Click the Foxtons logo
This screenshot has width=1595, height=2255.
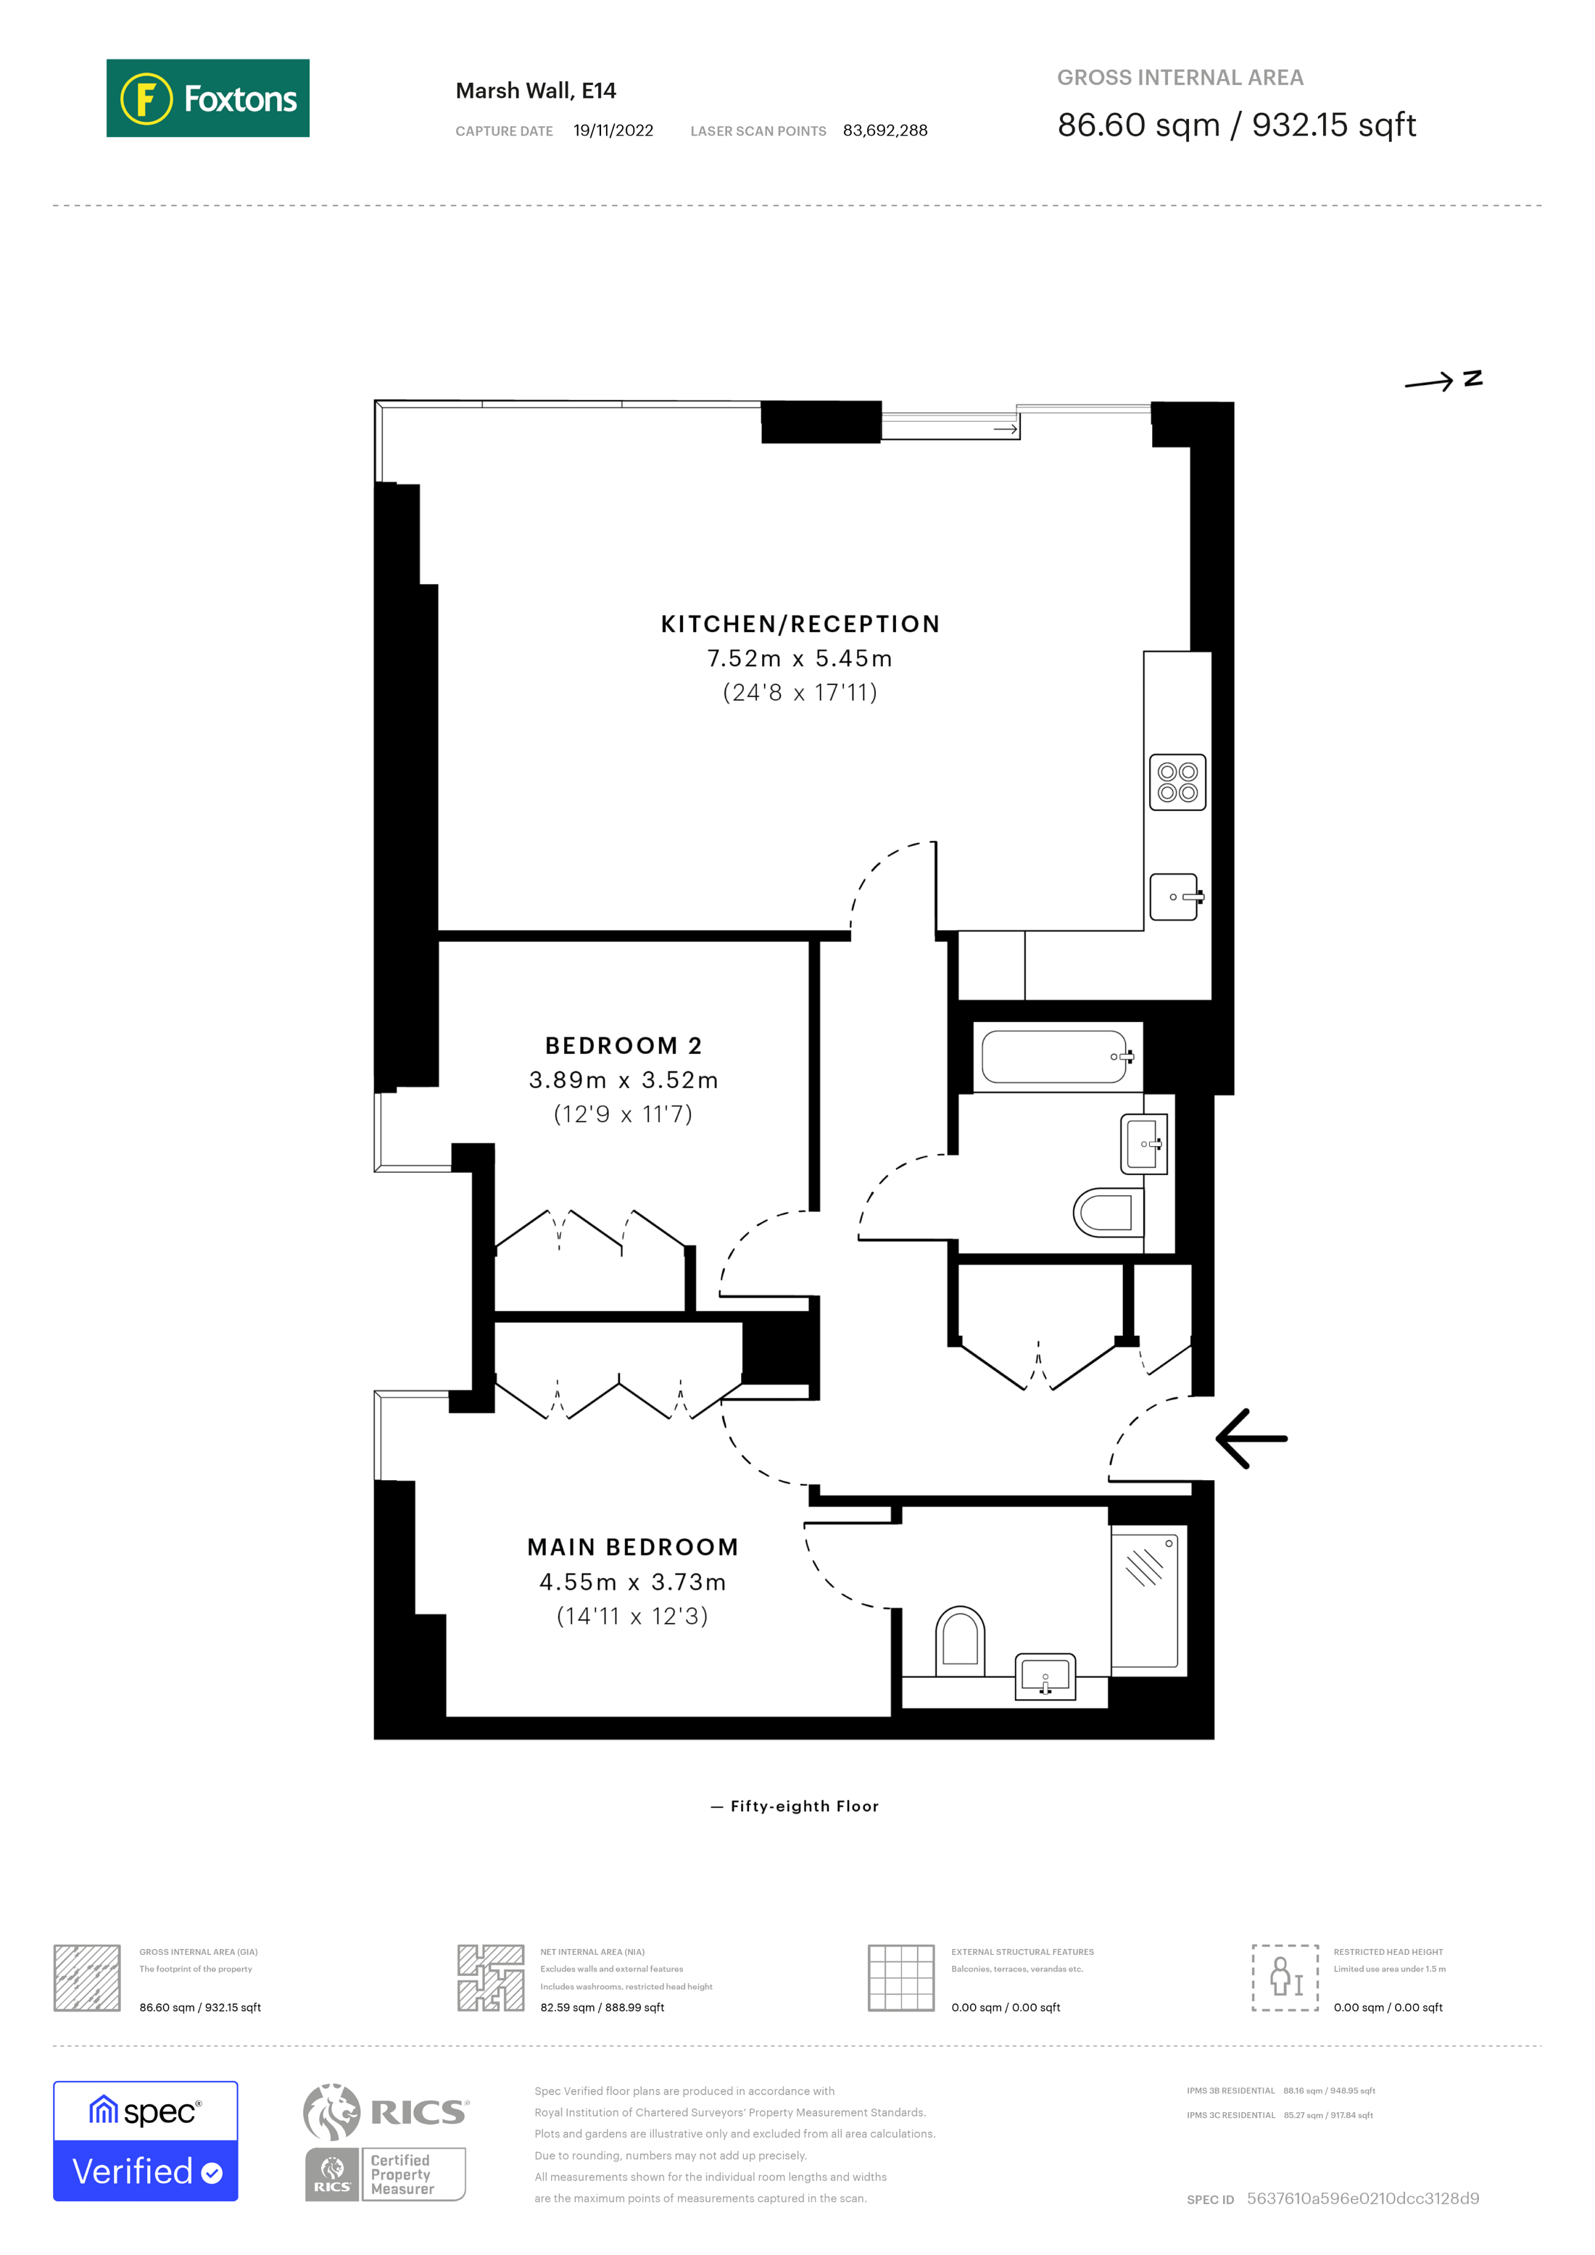tap(207, 98)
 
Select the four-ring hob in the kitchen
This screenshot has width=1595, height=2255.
tap(1177, 782)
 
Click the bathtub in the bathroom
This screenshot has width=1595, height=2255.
tap(1056, 1057)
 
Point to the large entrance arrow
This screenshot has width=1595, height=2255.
tap(1251, 1439)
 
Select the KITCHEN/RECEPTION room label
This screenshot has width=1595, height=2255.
tap(800, 625)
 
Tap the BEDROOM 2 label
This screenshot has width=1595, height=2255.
tap(623, 1046)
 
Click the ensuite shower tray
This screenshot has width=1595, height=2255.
tap(1145, 1601)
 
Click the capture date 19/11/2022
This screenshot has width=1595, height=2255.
tap(613, 130)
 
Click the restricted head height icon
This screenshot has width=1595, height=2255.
tap(1285, 1977)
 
